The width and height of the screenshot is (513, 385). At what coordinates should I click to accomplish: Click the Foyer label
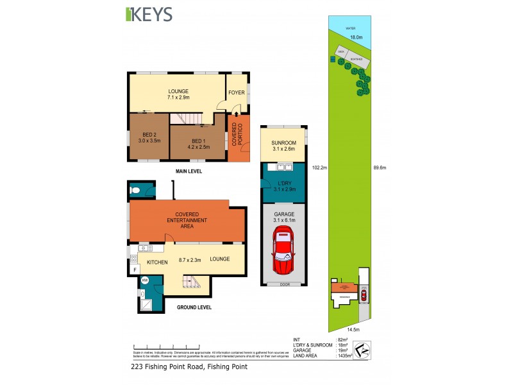(x=237, y=93)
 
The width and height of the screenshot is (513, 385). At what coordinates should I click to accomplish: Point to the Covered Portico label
(x=238, y=135)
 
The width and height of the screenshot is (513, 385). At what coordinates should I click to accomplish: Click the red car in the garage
(x=283, y=252)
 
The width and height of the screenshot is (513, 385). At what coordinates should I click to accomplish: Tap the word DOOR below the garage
(x=283, y=284)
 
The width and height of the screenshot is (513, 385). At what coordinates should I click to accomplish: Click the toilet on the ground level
(x=134, y=189)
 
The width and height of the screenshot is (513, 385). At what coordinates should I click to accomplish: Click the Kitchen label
(x=157, y=262)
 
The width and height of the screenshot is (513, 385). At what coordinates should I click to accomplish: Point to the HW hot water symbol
(x=144, y=280)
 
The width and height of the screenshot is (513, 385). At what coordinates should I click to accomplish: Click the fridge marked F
(x=135, y=270)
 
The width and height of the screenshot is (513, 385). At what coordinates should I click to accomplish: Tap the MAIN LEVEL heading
(x=189, y=171)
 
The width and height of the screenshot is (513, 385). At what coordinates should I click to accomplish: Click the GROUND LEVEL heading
(x=194, y=307)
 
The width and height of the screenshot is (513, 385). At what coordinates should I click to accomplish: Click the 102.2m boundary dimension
(x=319, y=168)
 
